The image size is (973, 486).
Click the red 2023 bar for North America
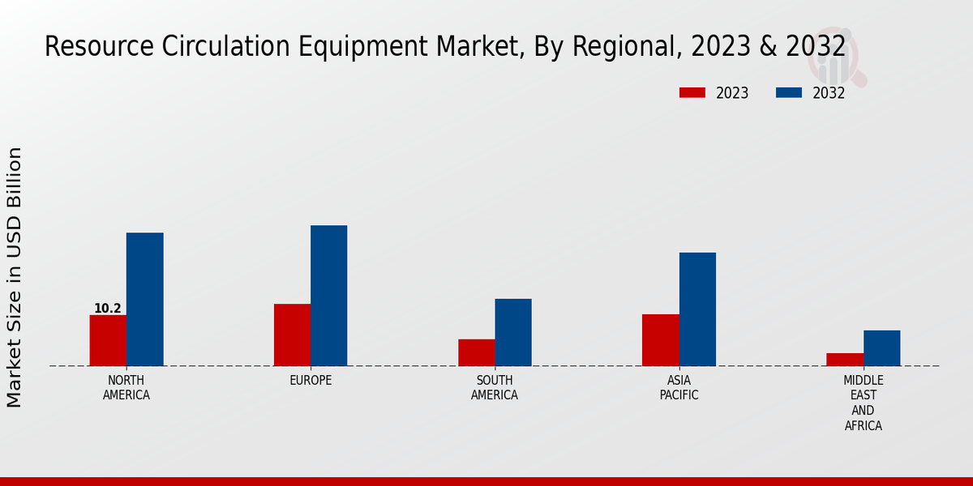(x=108, y=340)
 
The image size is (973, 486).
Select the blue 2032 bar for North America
(x=144, y=299)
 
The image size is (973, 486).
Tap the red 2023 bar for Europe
(x=292, y=335)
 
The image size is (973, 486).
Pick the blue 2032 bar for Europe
(x=328, y=296)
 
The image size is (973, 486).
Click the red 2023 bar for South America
(x=476, y=352)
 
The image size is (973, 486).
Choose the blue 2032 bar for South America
(x=513, y=332)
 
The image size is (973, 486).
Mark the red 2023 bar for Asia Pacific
(x=660, y=339)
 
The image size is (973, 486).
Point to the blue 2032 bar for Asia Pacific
(x=697, y=309)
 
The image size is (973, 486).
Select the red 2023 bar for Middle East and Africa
(x=845, y=359)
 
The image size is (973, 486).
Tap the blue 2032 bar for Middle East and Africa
(x=881, y=347)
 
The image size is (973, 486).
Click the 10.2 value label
(x=108, y=309)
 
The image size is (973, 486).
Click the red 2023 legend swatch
(x=692, y=93)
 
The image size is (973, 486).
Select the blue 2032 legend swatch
(x=788, y=93)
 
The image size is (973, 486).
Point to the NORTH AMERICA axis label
(x=126, y=388)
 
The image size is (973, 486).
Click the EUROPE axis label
(x=311, y=381)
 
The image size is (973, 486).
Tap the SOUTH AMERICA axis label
(x=495, y=388)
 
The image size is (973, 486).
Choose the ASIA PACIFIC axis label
(x=679, y=388)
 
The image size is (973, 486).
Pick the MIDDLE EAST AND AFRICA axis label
(x=864, y=403)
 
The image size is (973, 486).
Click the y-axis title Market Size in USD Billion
(x=15, y=277)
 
